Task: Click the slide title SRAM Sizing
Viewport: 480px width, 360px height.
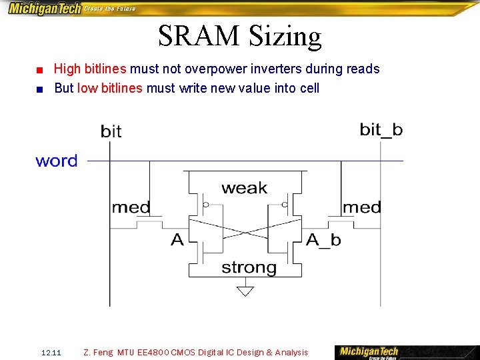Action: point(240,36)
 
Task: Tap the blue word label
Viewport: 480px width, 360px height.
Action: point(57,161)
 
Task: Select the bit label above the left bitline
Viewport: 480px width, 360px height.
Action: point(111,131)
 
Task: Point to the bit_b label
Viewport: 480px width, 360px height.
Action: point(381,129)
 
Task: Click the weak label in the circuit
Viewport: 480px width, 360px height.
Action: point(244,189)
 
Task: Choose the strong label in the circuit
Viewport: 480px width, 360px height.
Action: point(249,268)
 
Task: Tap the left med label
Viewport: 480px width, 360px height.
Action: point(131,207)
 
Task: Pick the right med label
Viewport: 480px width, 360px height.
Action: point(361,207)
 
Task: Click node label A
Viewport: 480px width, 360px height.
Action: point(177,240)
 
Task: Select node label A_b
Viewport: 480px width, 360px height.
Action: point(323,240)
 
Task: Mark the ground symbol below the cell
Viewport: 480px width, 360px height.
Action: point(246,290)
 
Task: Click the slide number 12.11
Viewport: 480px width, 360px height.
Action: point(51,353)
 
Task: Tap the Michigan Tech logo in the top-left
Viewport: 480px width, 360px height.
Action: point(44,9)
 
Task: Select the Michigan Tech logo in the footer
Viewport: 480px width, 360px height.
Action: point(369,352)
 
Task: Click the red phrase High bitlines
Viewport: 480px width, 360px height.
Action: point(90,69)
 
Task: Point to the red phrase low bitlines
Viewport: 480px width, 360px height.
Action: point(110,88)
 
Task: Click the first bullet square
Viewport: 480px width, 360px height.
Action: point(41,70)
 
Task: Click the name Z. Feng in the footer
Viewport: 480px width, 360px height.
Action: point(99,353)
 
